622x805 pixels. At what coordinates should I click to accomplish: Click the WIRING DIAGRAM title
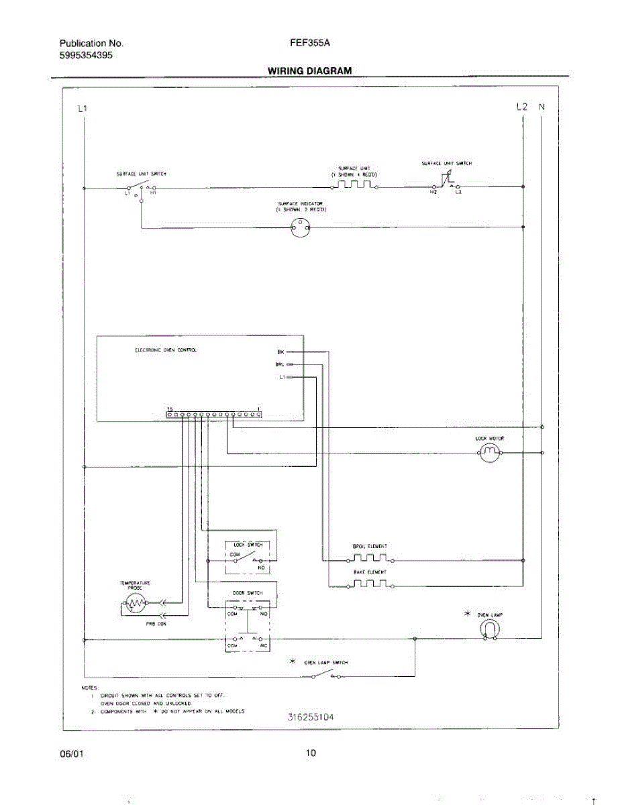click(309, 70)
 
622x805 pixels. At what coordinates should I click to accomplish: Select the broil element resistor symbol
click(370, 558)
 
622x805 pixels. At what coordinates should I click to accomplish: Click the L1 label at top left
click(82, 108)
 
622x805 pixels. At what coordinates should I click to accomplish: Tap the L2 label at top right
click(522, 107)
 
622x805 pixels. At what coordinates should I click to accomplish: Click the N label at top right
click(542, 107)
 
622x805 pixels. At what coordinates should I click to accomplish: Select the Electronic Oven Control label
click(166, 350)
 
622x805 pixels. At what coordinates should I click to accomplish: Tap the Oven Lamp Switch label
click(326, 662)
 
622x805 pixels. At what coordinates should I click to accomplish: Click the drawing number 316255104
click(311, 716)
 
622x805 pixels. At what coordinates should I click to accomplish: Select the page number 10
click(311, 753)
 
